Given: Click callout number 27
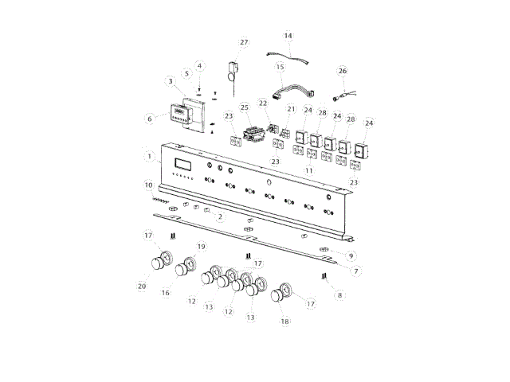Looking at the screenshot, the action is pos(244,42).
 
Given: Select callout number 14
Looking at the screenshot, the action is pos(288,36).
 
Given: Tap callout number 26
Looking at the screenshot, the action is pos(342,71).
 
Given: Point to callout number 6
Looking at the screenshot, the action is pos(150,119).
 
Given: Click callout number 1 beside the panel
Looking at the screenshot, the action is pos(149,157).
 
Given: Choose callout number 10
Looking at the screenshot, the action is pos(149,185).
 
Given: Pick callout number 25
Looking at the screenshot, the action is pos(245,107).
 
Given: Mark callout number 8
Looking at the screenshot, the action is pos(340,295).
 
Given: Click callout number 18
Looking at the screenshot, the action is pos(284,322).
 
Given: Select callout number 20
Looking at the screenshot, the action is pos(142,286).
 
